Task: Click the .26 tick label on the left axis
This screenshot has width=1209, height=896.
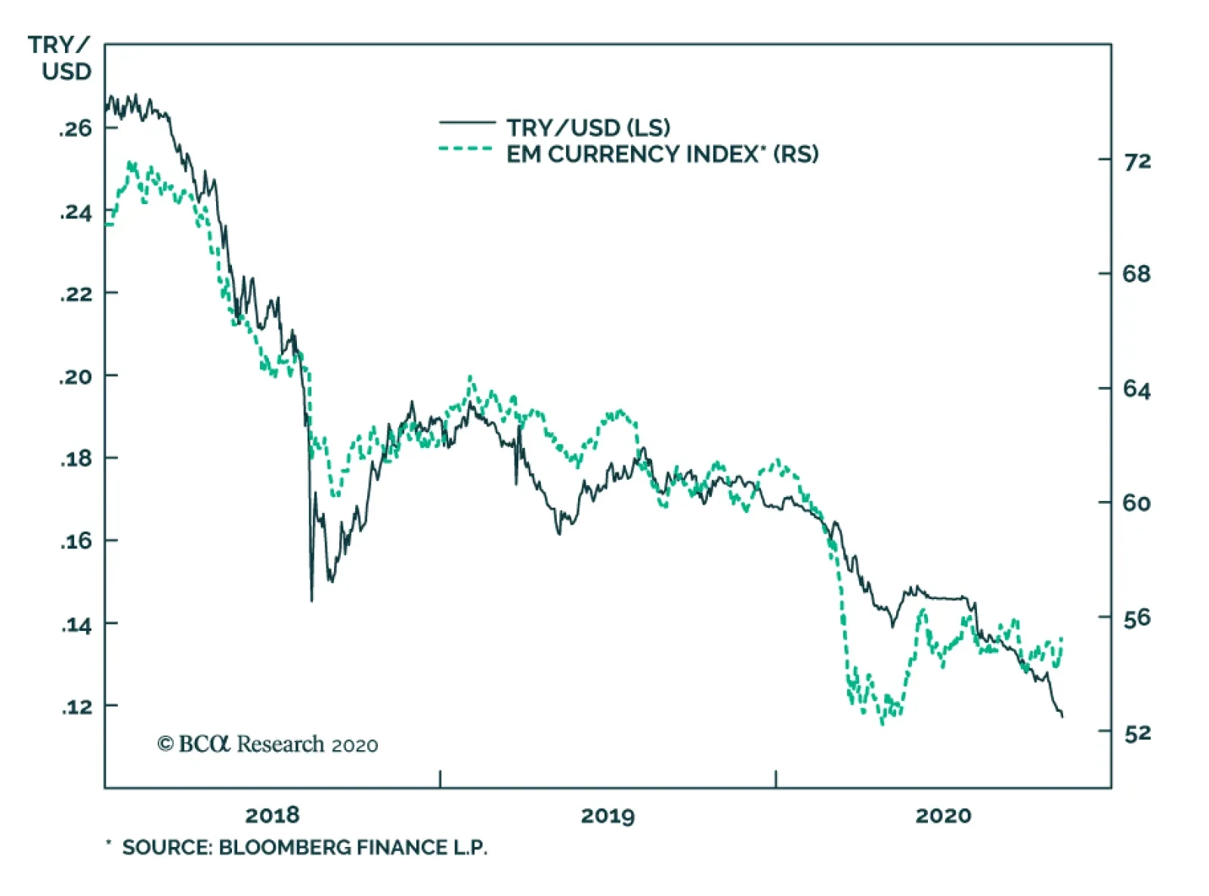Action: (76, 128)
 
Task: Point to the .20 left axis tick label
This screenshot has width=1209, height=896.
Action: (76, 376)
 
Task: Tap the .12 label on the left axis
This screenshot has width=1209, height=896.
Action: (76, 706)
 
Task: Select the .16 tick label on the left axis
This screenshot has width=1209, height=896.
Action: (76, 541)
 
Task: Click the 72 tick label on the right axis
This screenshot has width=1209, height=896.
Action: (1137, 161)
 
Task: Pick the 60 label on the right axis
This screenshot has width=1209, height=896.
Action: (1137, 503)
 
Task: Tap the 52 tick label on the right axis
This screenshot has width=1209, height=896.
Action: (1137, 733)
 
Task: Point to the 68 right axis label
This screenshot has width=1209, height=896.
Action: (1137, 273)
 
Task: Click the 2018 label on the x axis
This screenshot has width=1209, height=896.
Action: (272, 816)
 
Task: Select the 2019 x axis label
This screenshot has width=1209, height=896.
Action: (608, 816)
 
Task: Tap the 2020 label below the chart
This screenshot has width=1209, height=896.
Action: (943, 816)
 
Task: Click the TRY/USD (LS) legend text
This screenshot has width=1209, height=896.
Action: (588, 128)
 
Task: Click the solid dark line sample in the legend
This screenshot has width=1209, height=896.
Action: (467, 122)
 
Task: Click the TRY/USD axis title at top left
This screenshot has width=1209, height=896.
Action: (60, 58)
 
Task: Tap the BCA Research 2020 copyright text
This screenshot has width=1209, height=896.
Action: (267, 744)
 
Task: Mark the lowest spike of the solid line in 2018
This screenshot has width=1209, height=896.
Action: (311, 600)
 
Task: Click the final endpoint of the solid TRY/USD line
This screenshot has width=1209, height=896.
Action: (1062, 716)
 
